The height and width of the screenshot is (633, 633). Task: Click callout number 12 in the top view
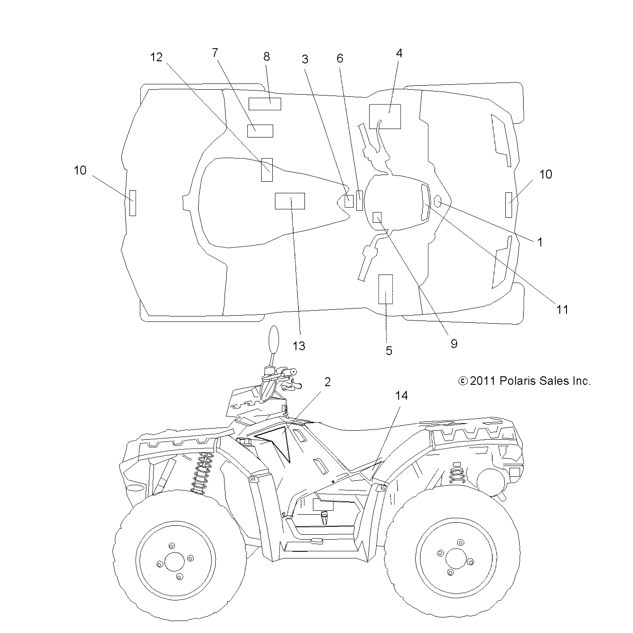pyautogui.click(x=156, y=57)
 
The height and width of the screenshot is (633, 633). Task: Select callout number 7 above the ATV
pyautogui.click(x=215, y=53)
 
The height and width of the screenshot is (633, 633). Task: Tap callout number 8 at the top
pyautogui.click(x=267, y=57)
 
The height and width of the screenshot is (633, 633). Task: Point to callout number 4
pyautogui.click(x=399, y=53)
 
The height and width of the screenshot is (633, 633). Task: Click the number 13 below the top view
pyautogui.click(x=299, y=346)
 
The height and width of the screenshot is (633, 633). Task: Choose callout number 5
pyautogui.click(x=389, y=351)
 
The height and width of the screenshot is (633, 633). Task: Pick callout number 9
pyautogui.click(x=454, y=343)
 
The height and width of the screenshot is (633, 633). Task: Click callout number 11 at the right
pyautogui.click(x=562, y=309)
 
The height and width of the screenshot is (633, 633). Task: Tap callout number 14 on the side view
pyautogui.click(x=401, y=396)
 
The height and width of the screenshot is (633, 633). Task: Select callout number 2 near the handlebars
pyautogui.click(x=327, y=382)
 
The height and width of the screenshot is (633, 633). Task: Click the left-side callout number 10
pyautogui.click(x=80, y=171)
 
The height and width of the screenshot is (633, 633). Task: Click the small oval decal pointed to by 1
pyautogui.click(x=438, y=202)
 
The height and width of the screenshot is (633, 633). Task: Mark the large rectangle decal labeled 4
pyautogui.click(x=385, y=117)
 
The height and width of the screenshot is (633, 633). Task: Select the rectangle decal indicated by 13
pyautogui.click(x=290, y=201)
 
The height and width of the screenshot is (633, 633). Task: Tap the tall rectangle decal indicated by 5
pyautogui.click(x=385, y=289)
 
